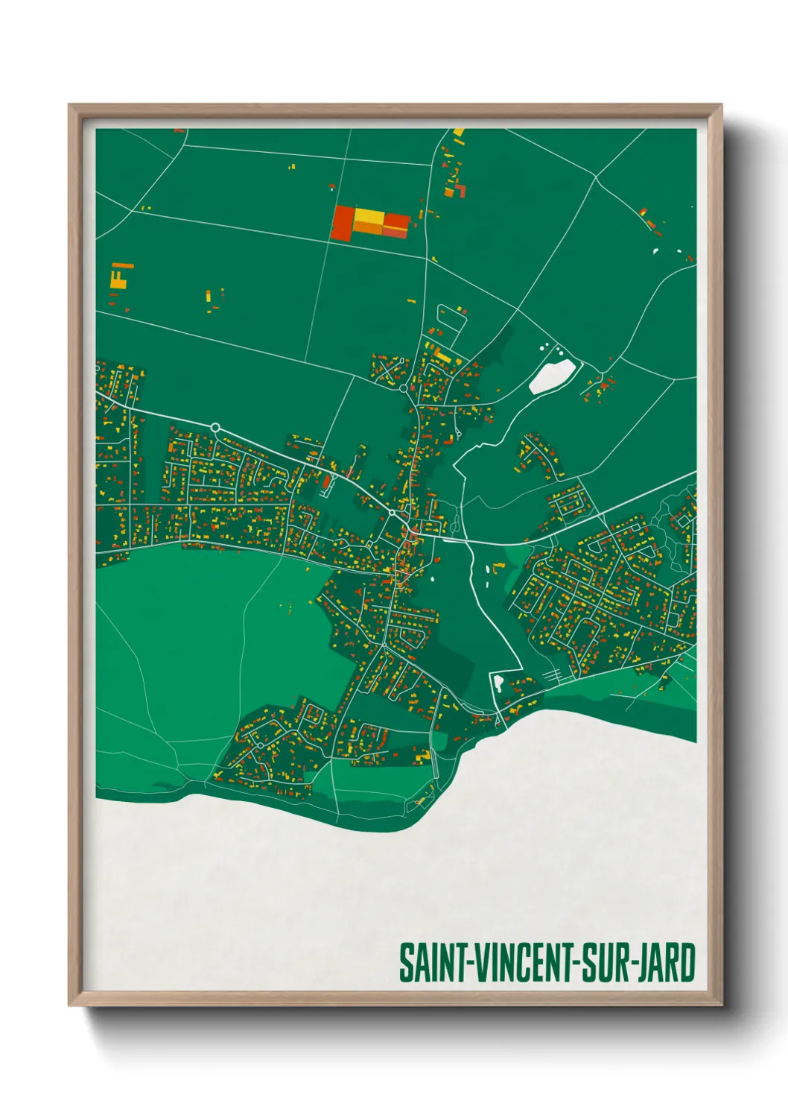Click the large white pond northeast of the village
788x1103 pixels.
click(552, 376)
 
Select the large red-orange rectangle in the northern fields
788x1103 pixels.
click(343, 223)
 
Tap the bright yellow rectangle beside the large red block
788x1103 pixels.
click(369, 221)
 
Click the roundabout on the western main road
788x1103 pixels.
click(215, 427)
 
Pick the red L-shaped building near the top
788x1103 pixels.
click(462, 191)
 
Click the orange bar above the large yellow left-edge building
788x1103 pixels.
click(124, 265)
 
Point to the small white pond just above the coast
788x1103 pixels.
click(498, 682)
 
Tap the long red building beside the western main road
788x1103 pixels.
click(326, 484)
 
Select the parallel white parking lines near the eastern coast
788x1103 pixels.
click(553, 674)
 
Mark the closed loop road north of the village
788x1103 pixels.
click(451, 319)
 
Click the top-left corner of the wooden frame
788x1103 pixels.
click(70, 106)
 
